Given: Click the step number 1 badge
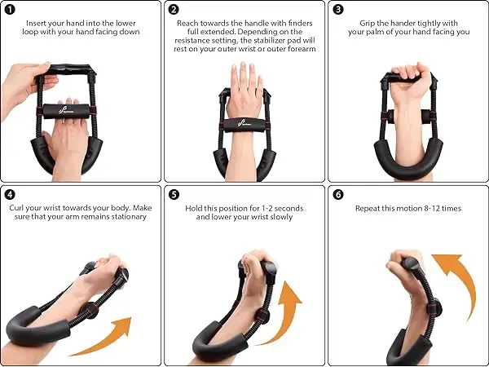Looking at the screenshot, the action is coord(10,10).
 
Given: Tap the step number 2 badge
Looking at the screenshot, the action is coord(174,10).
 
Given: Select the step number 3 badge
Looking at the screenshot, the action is coord(338,10).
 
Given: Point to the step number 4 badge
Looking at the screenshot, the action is coord(10,195).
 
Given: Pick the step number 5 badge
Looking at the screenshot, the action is coord(174,195).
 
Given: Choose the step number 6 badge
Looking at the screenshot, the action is coord(338,195).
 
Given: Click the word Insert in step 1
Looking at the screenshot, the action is coord(36,24).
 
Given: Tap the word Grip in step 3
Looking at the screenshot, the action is coord(367,24).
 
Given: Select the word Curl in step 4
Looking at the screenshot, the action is coord(16,208).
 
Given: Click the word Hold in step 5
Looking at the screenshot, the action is coord(192,208).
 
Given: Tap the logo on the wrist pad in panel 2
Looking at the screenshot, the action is coord(245,123).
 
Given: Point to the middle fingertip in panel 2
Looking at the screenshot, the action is coord(243,64).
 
